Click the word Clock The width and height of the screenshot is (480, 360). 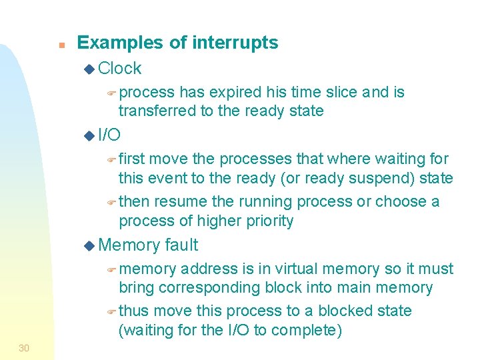[119, 69]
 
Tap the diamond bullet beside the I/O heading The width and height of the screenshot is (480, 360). [90, 136]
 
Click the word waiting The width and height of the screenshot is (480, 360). [401, 159]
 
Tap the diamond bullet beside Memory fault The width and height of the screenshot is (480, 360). [90, 246]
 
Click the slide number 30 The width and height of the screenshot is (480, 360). [24, 348]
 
